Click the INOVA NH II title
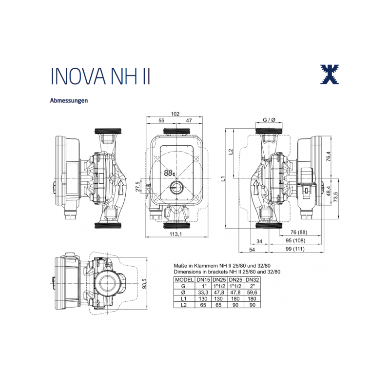tap(100, 76)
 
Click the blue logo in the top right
tap(329, 74)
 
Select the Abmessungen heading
tap(69, 101)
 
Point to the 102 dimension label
tap(175, 114)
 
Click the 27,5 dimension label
tap(138, 187)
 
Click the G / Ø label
tap(270, 119)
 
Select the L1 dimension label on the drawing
tap(223, 179)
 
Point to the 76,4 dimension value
tap(328, 157)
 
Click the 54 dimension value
tap(252, 250)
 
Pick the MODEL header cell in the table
tap(184, 279)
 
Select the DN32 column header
tap(252, 279)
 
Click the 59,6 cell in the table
tap(252, 292)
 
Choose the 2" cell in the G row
tap(252, 286)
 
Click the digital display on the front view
tap(170, 173)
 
